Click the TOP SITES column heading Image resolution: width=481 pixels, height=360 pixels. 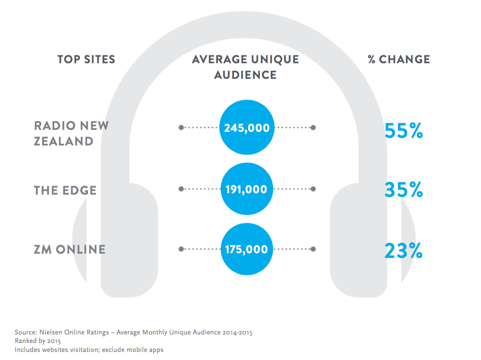(x=86, y=60)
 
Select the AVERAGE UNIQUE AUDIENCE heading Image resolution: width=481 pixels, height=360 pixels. (x=245, y=67)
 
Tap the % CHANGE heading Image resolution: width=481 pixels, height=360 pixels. (x=399, y=60)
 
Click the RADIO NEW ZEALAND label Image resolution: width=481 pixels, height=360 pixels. (x=71, y=133)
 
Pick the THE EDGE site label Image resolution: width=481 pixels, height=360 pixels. (x=65, y=190)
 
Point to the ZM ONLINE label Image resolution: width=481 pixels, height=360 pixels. (x=69, y=249)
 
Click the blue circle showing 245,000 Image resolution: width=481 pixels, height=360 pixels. (x=246, y=128)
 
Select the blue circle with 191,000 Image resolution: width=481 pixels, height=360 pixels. (x=246, y=189)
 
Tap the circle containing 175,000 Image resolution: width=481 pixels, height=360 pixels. (x=246, y=249)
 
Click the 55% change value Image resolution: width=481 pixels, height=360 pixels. (x=404, y=131)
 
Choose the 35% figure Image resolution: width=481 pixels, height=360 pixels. (x=404, y=190)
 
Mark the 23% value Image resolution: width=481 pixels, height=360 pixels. (x=404, y=250)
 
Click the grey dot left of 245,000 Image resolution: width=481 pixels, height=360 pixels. (x=181, y=128)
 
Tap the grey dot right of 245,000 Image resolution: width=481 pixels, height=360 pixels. (x=313, y=128)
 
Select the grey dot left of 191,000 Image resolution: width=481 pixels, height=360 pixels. (x=181, y=189)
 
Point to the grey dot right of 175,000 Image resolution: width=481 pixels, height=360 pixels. (x=313, y=249)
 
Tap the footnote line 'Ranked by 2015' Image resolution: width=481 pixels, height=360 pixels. (x=38, y=341)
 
